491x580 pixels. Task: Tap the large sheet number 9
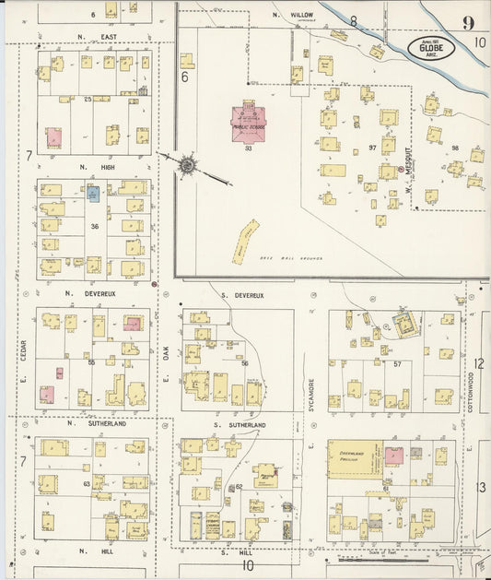point(469,23)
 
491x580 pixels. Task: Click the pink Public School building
point(248,123)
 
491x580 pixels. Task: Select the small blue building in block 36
point(93,194)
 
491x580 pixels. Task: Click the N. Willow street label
point(294,16)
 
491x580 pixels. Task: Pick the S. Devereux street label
point(243,295)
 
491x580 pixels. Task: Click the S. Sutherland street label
point(243,424)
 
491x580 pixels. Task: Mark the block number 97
point(373,148)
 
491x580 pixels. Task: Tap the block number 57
point(397,364)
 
